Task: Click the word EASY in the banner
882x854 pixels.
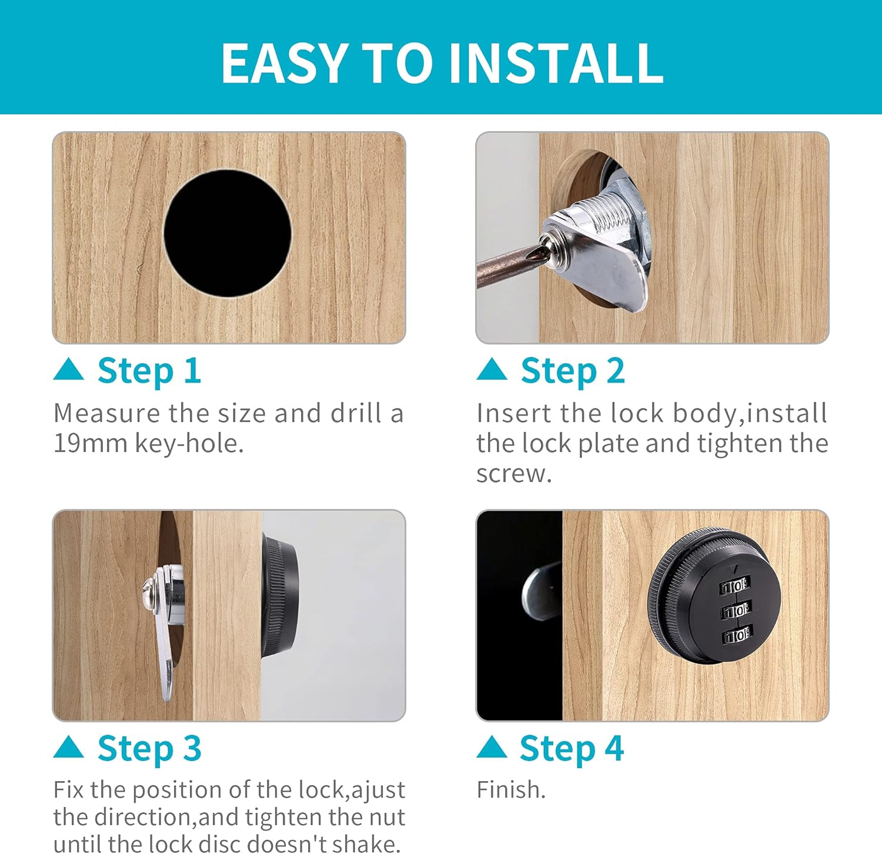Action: tap(284, 63)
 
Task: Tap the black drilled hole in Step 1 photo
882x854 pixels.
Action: tap(228, 233)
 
